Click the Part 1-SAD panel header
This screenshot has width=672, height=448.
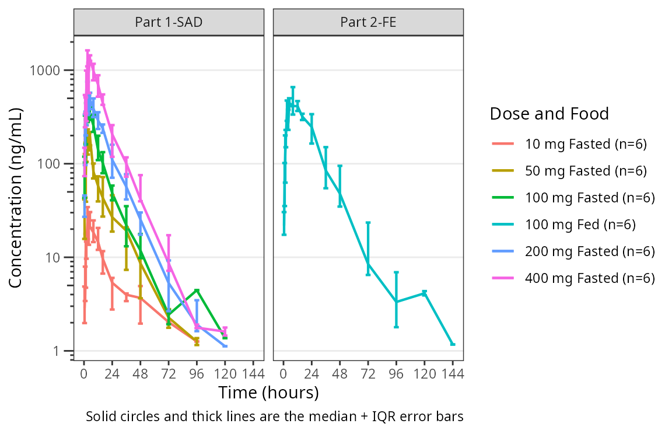[169, 23]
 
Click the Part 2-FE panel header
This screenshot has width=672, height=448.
[368, 23]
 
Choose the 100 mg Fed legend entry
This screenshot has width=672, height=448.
[580, 225]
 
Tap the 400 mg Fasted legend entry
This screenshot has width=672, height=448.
[590, 278]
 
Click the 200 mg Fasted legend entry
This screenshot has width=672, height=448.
[590, 251]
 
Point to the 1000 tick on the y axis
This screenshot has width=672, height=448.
[72, 70]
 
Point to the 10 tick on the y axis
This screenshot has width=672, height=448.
[72, 257]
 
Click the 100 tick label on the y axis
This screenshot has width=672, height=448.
[53, 164]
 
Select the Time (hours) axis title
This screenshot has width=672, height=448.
[268, 393]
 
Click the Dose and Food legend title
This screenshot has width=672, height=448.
[549, 113]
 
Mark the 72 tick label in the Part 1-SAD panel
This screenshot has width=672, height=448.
[169, 374]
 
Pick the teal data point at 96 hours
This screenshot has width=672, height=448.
[396, 302]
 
